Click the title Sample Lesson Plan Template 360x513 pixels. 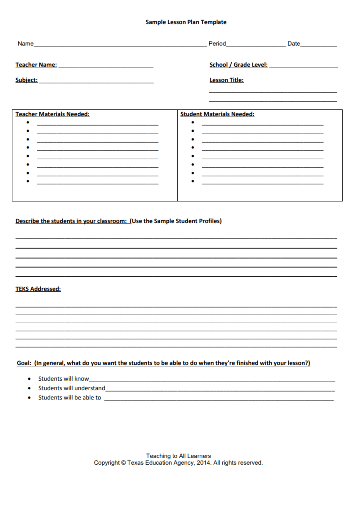point(186,22)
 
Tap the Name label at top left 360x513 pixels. point(26,44)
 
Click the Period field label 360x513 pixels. point(217,44)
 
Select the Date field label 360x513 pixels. point(294,44)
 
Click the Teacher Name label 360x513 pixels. point(36,65)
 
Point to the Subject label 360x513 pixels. point(26,80)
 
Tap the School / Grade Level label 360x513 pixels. point(238,65)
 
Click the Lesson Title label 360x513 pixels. point(226,80)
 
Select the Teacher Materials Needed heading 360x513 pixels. point(52,114)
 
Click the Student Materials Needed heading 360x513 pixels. point(217,114)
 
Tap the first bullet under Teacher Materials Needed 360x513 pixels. point(28,122)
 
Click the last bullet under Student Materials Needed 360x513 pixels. point(193,181)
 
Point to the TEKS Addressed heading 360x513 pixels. point(38,289)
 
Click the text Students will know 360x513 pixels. point(63,379)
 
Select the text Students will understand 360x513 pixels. point(72,388)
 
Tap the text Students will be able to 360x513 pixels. point(70,398)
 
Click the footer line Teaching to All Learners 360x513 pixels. point(178,456)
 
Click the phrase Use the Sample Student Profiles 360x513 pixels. point(176,221)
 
